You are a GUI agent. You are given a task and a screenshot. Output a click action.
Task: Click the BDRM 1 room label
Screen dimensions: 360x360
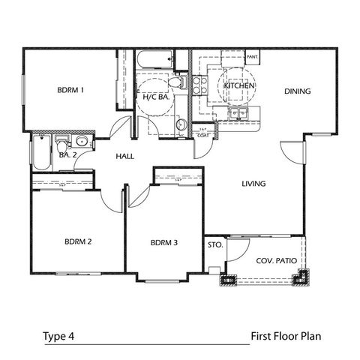70,91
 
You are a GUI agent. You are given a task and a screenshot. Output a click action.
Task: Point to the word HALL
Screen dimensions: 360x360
124,157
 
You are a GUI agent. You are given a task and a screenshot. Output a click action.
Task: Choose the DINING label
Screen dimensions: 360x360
297,91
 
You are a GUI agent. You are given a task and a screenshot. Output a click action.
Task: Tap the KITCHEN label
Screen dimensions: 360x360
240,86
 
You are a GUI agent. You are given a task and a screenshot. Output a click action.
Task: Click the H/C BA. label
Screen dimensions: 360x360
155,97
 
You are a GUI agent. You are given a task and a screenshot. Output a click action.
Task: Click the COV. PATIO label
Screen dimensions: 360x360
271,261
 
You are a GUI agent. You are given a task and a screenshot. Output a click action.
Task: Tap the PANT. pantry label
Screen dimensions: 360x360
253,56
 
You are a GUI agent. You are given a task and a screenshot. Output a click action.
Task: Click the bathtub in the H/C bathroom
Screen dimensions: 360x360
154,60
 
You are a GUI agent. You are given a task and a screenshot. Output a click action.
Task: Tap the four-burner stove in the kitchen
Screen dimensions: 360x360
199,86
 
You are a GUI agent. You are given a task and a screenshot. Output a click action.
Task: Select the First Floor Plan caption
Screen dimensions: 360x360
286,336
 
